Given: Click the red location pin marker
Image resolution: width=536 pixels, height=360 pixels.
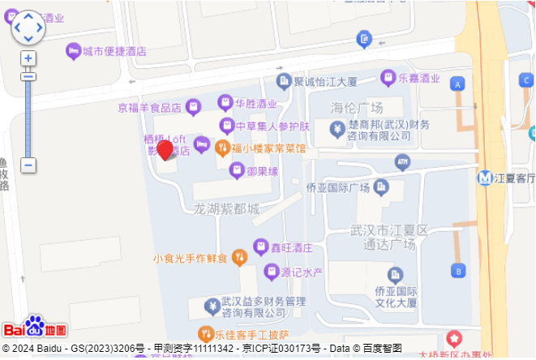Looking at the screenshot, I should pos(165,151).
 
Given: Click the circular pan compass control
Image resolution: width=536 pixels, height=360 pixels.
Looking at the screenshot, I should pos(28,27).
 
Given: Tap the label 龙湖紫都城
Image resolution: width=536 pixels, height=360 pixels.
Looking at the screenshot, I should pos(226,209).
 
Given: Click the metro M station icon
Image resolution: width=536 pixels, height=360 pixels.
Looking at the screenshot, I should pos(485,178).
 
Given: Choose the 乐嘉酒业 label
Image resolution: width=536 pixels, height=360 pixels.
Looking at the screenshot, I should pos(419,79).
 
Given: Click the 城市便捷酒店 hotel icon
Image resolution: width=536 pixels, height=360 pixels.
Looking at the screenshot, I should pos(73,50).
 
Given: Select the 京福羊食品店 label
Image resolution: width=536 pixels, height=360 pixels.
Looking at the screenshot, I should pos(149,107).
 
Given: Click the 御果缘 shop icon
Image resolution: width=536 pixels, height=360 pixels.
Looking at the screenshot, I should pos(236,169).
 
